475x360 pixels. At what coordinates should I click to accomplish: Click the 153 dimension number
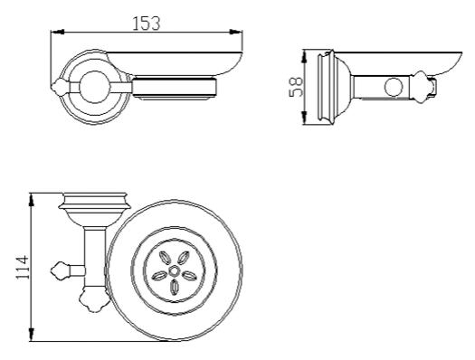point(147,24)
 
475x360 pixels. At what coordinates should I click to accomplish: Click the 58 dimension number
point(296,87)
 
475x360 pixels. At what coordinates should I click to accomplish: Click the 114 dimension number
point(23,268)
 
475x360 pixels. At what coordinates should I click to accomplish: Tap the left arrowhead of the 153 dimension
point(58,32)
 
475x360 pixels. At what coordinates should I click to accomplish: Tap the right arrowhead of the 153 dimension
point(235,32)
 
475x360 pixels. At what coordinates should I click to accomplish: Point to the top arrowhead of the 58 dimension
point(305,57)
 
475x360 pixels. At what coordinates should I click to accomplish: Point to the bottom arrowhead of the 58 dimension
point(305,118)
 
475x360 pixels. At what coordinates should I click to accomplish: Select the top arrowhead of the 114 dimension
point(31,200)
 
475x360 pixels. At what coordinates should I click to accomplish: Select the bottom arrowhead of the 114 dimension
point(31,335)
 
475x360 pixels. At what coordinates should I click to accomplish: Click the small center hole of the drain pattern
point(174,270)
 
